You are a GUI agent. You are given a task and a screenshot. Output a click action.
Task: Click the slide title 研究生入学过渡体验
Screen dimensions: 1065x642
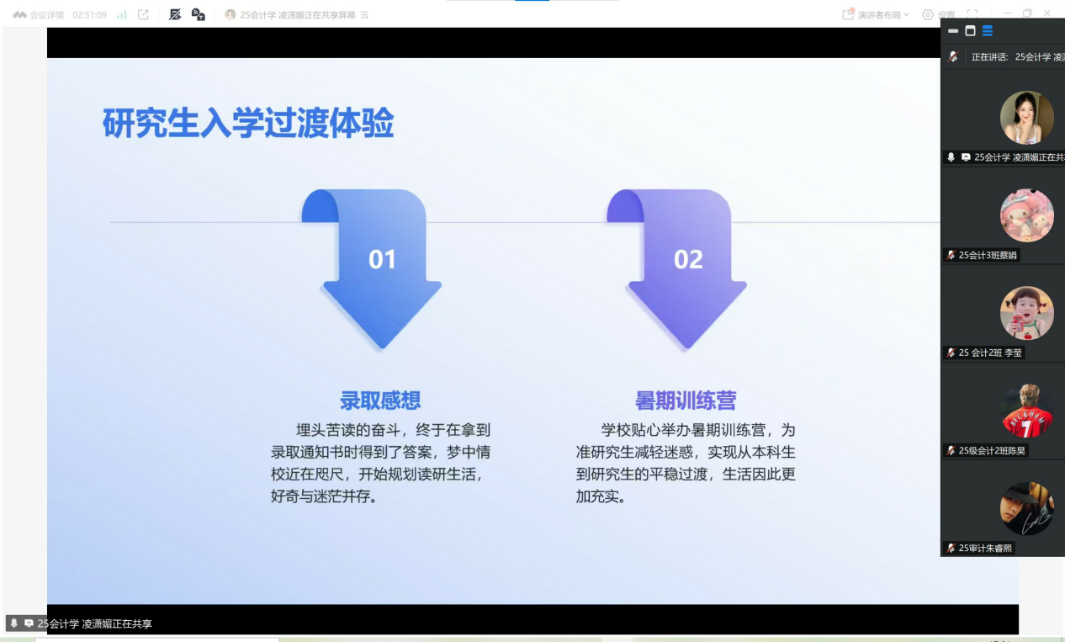click(x=248, y=123)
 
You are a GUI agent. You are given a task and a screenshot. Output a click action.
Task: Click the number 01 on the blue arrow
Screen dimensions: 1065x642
click(x=382, y=260)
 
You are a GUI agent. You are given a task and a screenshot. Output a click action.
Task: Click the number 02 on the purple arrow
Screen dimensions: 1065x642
click(x=688, y=260)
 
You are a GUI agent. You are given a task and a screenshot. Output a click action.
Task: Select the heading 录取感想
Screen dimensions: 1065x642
click(x=380, y=401)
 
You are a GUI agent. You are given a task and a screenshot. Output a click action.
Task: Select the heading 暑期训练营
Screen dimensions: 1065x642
click(x=686, y=401)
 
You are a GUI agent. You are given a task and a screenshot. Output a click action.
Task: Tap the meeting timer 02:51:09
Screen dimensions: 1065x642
click(x=89, y=15)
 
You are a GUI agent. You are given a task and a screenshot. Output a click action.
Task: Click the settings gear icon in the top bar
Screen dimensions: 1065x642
click(x=928, y=15)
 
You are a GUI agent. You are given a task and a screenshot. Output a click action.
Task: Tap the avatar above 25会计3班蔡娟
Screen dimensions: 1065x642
click(x=1026, y=215)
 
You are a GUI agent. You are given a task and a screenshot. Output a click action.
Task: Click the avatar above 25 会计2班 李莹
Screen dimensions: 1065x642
click(x=1026, y=313)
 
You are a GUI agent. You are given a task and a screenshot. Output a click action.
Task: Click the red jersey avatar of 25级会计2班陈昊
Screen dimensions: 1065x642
click(x=1026, y=411)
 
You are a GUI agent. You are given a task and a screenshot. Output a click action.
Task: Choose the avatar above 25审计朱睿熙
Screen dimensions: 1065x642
click(x=1026, y=508)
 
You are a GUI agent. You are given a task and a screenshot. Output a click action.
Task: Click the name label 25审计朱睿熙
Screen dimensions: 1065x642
click(x=985, y=549)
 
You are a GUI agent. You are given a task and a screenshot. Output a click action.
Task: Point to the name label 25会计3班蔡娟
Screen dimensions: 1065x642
click(x=988, y=256)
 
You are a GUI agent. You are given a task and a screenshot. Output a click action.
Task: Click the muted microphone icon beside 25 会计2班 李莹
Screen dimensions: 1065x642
click(x=951, y=353)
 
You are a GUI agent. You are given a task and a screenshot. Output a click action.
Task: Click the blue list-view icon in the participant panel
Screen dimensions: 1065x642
click(x=988, y=31)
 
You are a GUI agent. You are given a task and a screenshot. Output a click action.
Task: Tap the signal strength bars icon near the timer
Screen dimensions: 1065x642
click(x=122, y=15)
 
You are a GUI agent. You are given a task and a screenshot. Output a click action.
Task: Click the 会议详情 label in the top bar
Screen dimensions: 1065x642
click(x=46, y=15)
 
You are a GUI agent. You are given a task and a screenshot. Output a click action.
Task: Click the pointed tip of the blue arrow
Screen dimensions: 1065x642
click(x=383, y=348)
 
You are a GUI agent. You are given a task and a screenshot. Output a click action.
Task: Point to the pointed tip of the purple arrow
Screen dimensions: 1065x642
click(x=688, y=348)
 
